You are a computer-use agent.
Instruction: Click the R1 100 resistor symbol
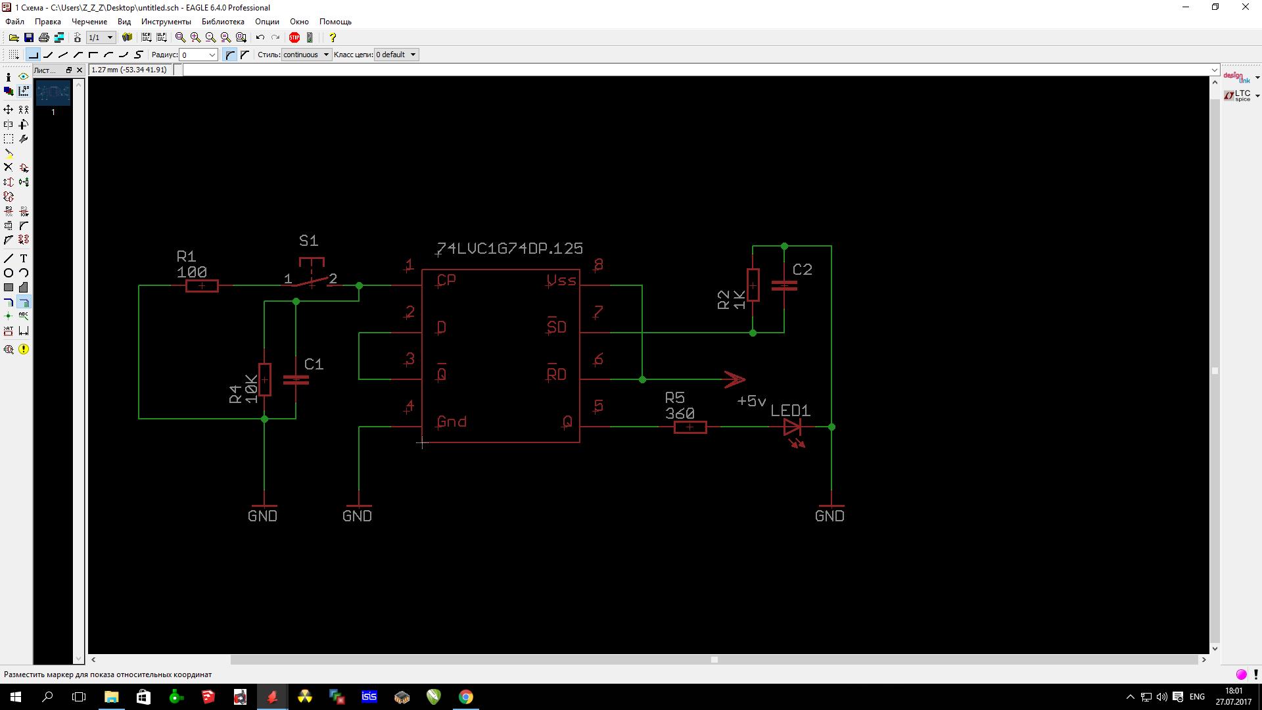(x=202, y=286)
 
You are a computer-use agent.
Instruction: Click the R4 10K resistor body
(x=264, y=379)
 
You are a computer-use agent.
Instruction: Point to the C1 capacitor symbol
(x=296, y=379)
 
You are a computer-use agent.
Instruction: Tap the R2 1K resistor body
(x=753, y=285)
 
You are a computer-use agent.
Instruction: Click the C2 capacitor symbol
(x=784, y=285)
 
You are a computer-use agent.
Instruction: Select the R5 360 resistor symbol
(x=690, y=427)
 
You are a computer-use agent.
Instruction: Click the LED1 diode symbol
(x=792, y=428)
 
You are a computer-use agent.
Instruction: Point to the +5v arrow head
(x=735, y=379)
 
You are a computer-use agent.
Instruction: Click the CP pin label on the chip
(x=446, y=280)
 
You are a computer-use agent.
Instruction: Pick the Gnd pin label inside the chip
(x=452, y=422)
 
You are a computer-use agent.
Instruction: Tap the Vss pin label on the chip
(x=561, y=281)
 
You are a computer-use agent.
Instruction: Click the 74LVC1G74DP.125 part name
(x=509, y=248)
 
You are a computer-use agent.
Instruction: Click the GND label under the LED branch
(x=830, y=516)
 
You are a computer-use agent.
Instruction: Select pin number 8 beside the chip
(x=598, y=265)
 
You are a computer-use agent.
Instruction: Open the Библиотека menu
(x=223, y=22)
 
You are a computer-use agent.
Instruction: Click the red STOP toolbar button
(x=294, y=37)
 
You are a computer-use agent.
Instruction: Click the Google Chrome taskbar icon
(x=465, y=697)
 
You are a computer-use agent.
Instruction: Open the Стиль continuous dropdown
(x=306, y=55)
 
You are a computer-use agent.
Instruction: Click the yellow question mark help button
(x=333, y=37)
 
